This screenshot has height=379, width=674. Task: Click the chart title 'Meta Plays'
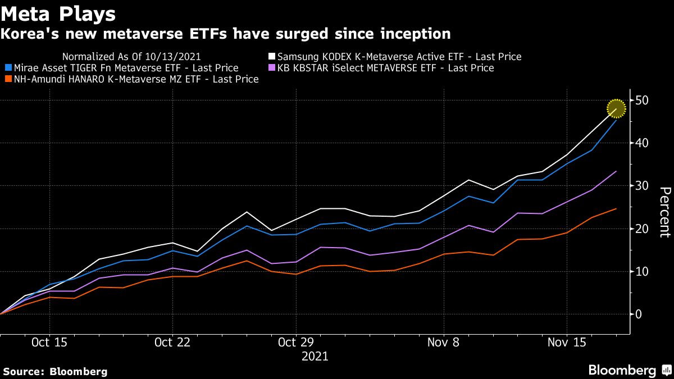point(58,13)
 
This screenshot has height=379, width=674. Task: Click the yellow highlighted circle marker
point(616,108)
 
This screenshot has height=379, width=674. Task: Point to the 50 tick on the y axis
point(643,101)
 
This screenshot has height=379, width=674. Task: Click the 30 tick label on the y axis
point(643,186)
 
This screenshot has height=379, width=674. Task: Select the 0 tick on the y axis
point(639,314)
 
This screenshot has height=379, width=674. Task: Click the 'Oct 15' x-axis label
point(49,343)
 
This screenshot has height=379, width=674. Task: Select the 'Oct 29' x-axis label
point(296,343)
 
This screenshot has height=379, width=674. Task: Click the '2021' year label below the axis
point(315,357)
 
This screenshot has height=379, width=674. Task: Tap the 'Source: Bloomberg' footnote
point(55,371)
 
